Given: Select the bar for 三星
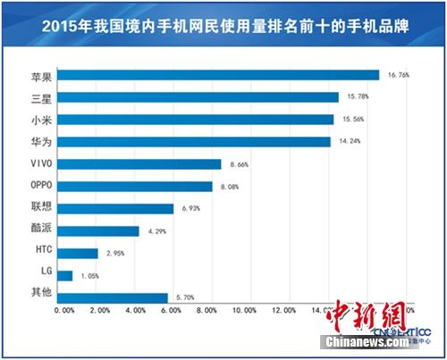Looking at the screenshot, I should coord(201,96).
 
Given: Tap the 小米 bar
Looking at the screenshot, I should coord(198,119).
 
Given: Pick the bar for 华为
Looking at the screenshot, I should coord(197,141).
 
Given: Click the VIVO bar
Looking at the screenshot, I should coord(142,163).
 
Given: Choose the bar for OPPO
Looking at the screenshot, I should coord(138,186).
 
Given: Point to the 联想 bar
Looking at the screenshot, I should coord(118,208).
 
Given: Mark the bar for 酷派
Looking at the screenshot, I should coord(101,230).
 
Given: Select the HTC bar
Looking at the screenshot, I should coord(80,253).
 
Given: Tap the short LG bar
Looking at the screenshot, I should coord(68,275).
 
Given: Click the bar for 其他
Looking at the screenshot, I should coord(115,297).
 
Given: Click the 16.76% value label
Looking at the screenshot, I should coord(398,75).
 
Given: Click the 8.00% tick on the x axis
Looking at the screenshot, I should coord(206,311).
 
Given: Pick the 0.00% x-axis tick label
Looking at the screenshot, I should coord(64,311).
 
